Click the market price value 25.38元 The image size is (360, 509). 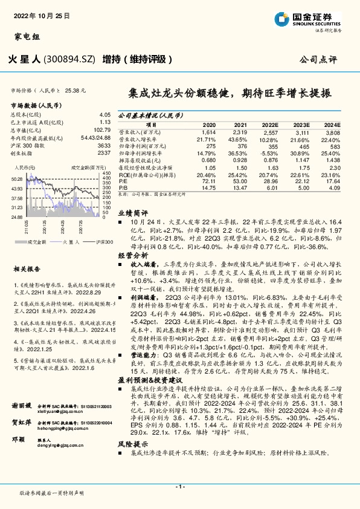tap(75, 90)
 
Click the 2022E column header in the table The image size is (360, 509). tap(270, 123)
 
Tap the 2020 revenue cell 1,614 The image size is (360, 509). tap(208, 131)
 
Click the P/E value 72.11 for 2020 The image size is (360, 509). tap(208, 180)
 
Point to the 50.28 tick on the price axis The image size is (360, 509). tap(17, 179)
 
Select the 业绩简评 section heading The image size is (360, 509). tap(132, 213)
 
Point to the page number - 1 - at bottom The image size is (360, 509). tap(179, 486)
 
